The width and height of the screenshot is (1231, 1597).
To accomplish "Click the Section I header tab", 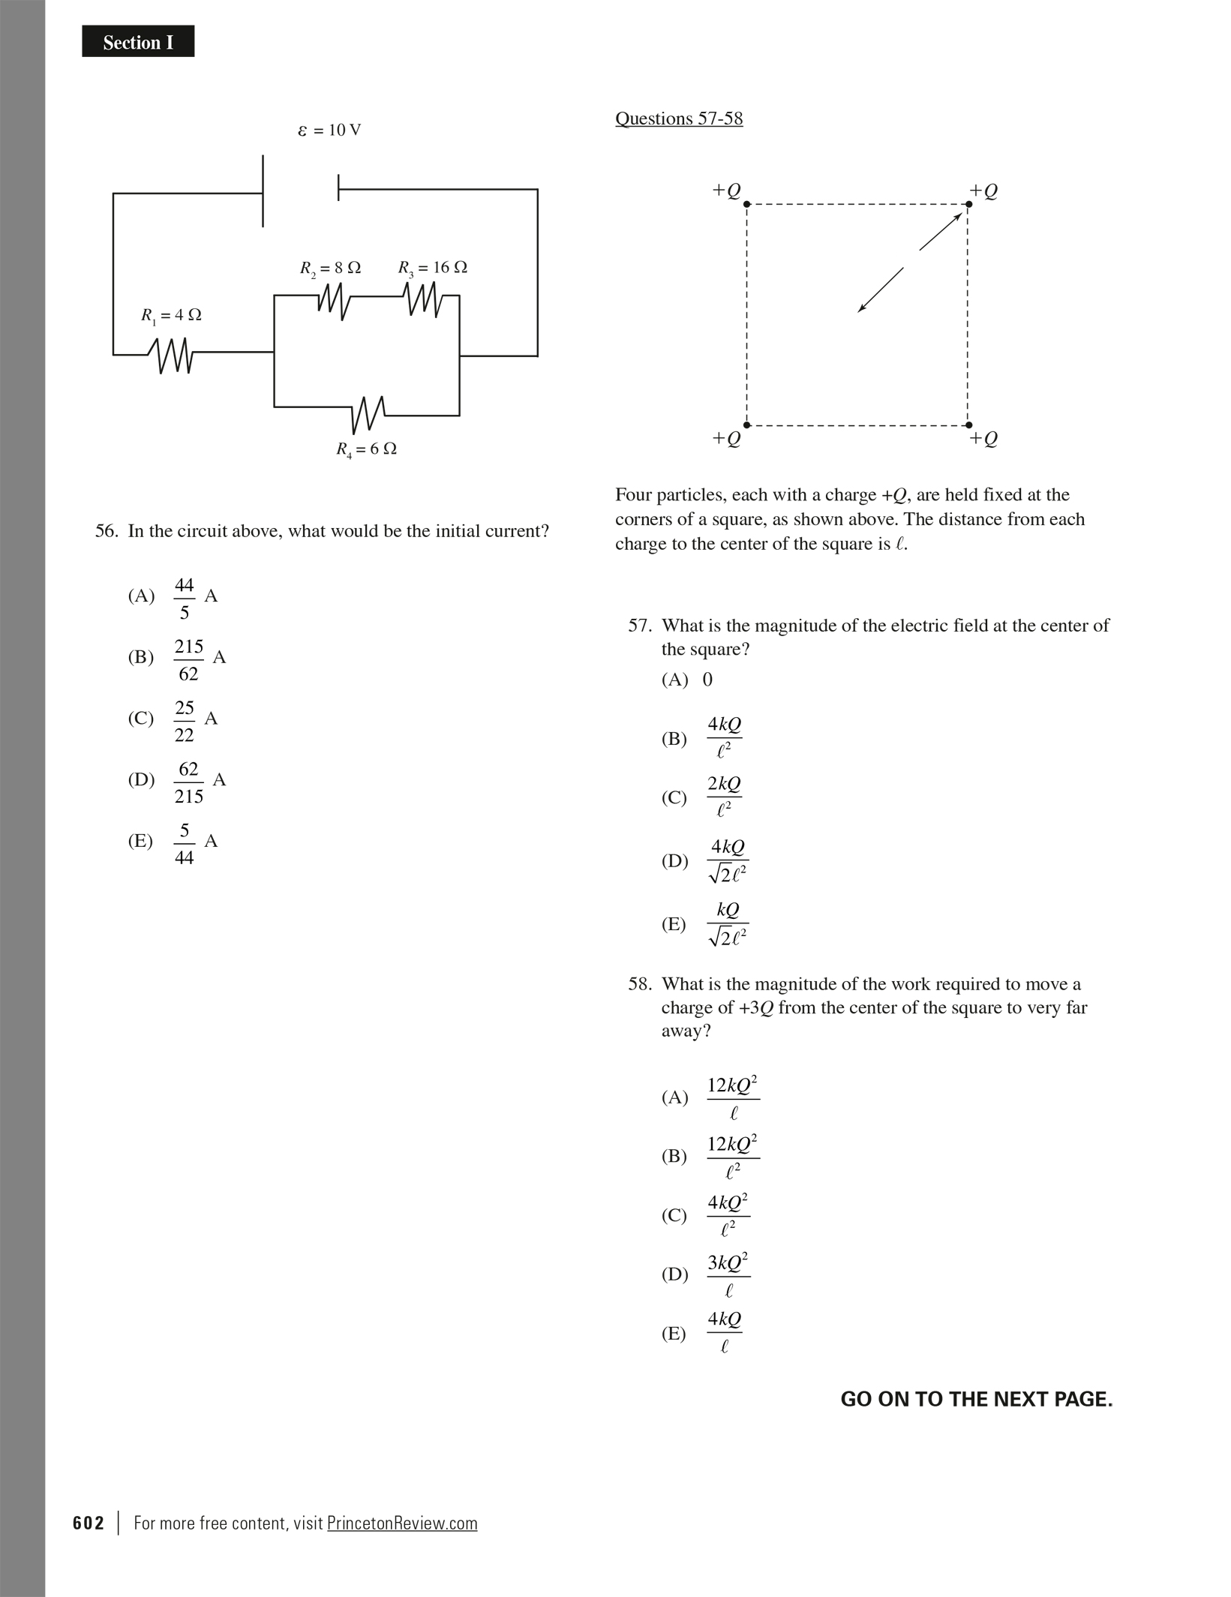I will click(x=138, y=42).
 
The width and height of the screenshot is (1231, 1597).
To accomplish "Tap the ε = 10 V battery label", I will click(x=329, y=131).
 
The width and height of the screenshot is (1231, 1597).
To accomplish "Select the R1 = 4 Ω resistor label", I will click(x=172, y=316).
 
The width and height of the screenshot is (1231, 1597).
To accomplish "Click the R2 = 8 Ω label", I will click(x=330, y=268).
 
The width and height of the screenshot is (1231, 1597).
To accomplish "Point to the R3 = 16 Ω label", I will click(x=432, y=268).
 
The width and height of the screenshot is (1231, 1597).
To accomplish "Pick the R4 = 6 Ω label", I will click(x=366, y=450).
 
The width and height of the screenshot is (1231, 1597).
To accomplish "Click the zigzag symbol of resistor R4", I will click(x=368, y=413).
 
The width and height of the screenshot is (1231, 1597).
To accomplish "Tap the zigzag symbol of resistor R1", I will click(x=171, y=355).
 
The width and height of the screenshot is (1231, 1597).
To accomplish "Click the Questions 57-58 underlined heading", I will click(x=679, y=119).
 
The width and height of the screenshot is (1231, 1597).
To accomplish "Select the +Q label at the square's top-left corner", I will click(x=726, y=191).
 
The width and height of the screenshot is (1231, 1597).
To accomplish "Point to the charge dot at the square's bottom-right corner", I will click(x=968, y=425).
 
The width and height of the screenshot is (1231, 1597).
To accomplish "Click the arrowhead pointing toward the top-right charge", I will click(x=957, y=218).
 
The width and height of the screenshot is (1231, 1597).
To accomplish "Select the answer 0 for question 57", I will click(x=707, y=680).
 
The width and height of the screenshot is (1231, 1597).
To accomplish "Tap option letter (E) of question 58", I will click(x=674, y=1334).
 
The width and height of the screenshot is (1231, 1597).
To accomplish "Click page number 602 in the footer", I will click(x=89, y=1523).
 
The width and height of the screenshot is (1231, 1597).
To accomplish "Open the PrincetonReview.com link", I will click(x=402, y=1523).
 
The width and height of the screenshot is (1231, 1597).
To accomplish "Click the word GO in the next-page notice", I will click(x=856, y=1400).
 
